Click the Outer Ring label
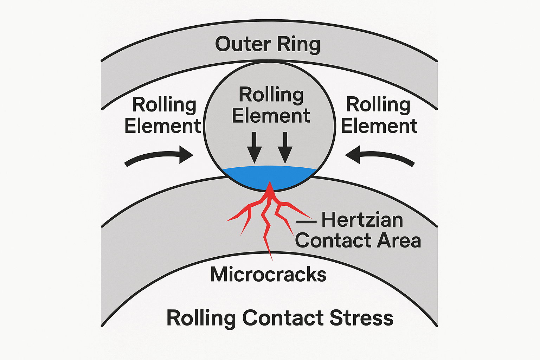(x=268, y=44)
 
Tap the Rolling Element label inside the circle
(x=271, y=105)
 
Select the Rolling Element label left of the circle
(x=163, y=115)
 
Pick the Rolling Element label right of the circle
(x=379, y=115)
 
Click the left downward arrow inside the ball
(x=254, y=148)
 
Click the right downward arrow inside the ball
(x=285, y=148)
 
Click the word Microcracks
(x=268, y=275)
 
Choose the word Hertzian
(x=362, y=220)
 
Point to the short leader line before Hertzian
(x=306, y=221)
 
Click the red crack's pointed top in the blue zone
(x=270, y=181)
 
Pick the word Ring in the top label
(x=299, y=45)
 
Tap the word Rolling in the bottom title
(x=201, y=319)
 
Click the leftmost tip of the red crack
(x=226, y=221)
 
